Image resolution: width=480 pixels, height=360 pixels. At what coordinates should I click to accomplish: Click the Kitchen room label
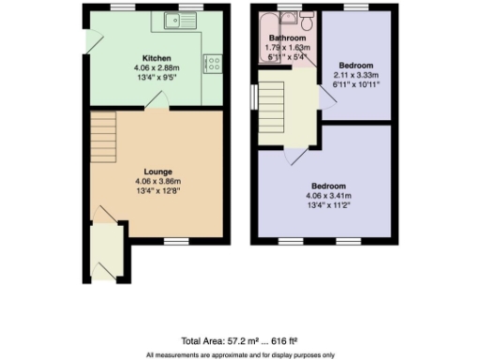[x=156, y=57]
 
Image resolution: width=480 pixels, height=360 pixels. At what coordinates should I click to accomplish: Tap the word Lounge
[x=156, y=172]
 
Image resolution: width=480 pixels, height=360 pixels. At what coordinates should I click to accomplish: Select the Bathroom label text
[x=288, y=38]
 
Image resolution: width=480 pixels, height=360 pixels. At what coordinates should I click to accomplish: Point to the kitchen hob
[x=214, y=64]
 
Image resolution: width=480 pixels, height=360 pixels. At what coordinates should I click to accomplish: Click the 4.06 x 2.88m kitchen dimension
[x=156, y=67]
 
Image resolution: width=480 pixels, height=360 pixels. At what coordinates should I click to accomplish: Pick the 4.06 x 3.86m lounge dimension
[x=156, y=181]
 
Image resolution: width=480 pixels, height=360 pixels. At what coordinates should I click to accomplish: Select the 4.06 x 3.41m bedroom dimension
[x=328, y=197]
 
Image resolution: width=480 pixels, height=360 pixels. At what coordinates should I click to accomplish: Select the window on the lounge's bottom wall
[x=172, y=240]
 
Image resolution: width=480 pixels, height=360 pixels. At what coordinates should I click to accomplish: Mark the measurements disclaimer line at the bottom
[x=239, y=354]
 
